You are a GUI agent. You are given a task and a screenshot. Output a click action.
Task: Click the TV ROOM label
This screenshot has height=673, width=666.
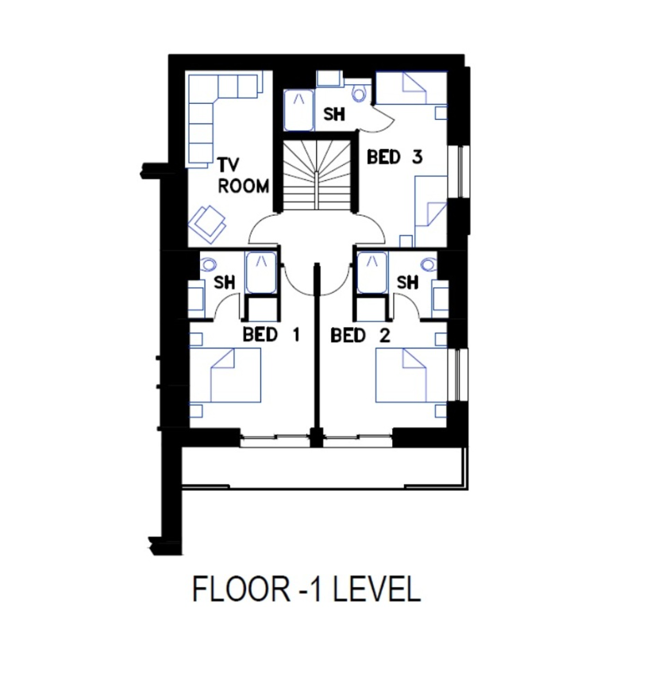(244, 176)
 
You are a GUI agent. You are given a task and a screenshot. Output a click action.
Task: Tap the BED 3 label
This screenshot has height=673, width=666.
(395, 157)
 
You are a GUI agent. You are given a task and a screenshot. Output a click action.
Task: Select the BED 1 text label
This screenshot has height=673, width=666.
(271, 334)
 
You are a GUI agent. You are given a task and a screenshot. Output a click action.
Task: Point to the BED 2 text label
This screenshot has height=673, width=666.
(360, 335)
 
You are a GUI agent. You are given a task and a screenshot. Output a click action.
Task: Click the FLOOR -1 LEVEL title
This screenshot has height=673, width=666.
(306, 590)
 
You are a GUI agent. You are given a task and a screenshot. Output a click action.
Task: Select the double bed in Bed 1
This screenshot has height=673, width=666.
(225, 375)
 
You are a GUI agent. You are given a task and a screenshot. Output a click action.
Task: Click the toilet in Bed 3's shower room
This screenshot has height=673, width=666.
(360, 92)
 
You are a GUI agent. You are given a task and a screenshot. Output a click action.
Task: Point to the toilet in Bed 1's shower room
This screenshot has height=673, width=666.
(209, 263)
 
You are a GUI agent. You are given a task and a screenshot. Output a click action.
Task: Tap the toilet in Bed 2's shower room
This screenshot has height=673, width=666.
(429, 263)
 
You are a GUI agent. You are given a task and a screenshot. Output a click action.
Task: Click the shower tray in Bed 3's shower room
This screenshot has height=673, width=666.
(298, 110)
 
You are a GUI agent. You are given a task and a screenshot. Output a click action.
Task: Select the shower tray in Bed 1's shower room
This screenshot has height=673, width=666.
(261, 272)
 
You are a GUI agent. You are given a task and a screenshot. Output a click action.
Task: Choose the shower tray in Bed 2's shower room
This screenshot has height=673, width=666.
(372, 272)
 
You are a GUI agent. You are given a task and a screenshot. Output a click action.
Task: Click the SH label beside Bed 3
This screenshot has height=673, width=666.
(334, 114)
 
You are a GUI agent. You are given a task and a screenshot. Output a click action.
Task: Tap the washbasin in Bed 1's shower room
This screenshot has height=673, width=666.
(196, 298)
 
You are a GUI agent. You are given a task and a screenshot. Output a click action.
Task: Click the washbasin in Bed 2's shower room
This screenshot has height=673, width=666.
(440, 298)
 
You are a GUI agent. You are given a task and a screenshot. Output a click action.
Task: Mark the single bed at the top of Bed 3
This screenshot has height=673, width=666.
(411, 88)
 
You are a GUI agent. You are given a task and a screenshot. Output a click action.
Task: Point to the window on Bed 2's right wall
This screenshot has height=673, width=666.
(458, 375)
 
